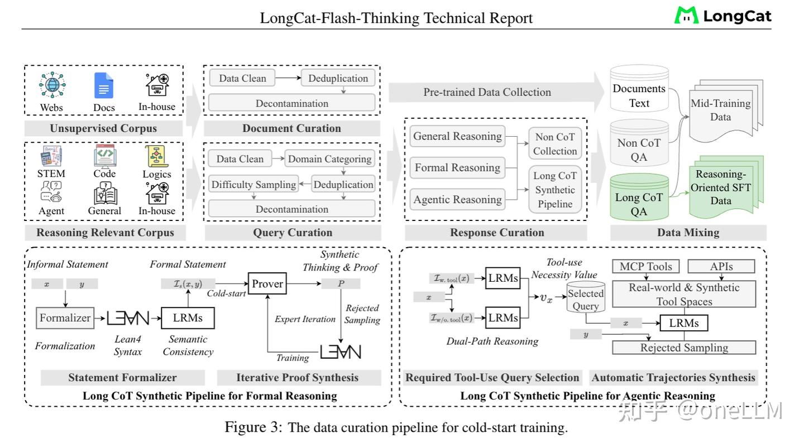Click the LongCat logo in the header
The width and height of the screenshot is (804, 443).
722,16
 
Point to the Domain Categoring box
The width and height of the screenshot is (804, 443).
329,159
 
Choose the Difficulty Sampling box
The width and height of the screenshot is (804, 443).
253,185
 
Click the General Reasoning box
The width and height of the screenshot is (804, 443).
457,136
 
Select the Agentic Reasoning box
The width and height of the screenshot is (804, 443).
457,199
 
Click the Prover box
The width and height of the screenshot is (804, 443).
267,284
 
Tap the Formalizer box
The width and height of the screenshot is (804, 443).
65,318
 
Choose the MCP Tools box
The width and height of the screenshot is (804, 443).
646,267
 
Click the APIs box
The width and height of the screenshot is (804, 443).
721,267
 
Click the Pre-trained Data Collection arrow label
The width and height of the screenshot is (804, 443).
487,93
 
